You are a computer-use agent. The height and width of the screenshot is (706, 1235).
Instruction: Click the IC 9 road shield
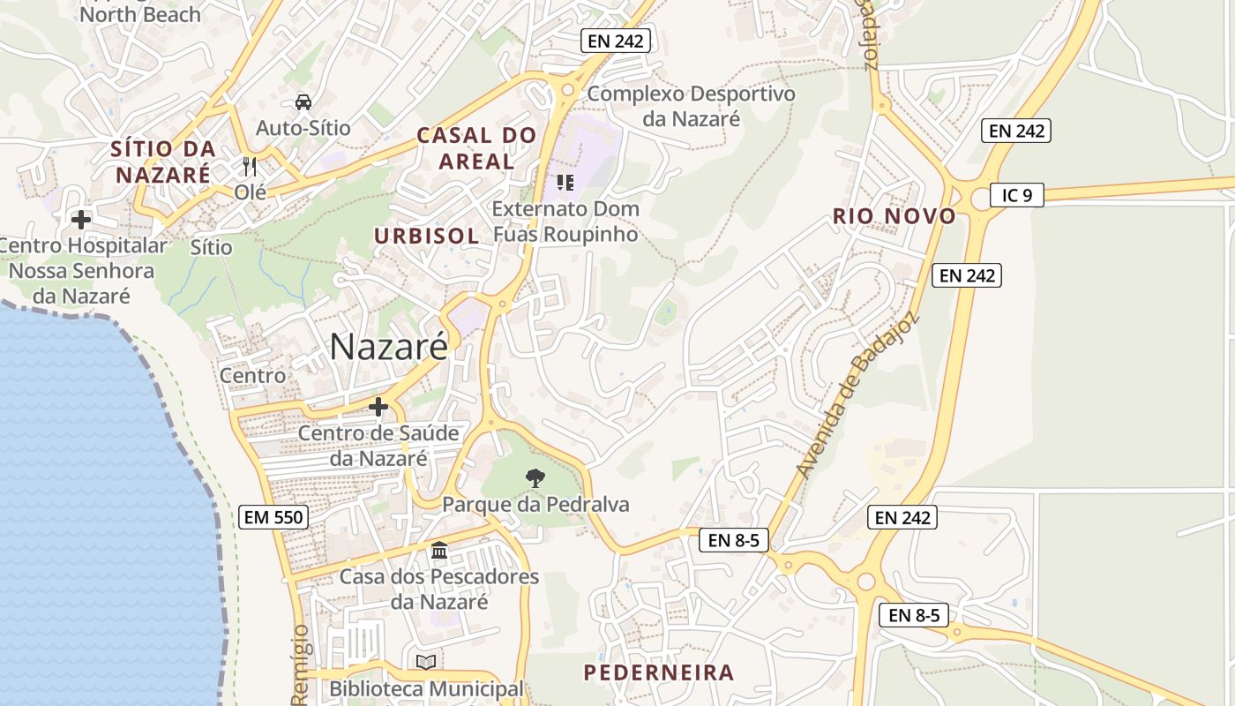1016,195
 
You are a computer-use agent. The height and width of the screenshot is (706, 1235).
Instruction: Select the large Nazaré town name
388,347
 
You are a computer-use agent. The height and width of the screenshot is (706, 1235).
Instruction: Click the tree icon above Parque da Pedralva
535,478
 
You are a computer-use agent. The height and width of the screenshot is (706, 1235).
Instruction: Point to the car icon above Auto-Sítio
303,102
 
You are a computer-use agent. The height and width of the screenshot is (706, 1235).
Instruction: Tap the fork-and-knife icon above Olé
250,166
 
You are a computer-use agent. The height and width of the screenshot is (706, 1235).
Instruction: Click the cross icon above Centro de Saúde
378,407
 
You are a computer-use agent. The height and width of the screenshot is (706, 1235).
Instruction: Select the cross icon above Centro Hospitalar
81,219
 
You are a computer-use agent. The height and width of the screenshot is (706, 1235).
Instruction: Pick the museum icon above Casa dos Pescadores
438,552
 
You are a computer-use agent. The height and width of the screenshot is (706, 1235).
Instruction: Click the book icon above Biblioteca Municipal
426,662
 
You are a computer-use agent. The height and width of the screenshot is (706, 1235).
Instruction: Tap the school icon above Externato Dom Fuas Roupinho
565,183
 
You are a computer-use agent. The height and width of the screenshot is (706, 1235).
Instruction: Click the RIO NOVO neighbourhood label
894,216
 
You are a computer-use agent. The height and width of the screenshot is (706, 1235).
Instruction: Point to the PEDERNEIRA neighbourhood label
659,672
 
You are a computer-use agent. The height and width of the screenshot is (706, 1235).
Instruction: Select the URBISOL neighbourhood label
427,236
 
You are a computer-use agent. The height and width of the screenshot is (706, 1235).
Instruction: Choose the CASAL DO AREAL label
476,148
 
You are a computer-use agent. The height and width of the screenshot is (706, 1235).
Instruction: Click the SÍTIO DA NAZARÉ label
163,161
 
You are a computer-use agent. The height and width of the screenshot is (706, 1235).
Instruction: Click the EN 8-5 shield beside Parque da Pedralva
734,540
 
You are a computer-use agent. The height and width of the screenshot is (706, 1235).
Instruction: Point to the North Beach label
139,14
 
